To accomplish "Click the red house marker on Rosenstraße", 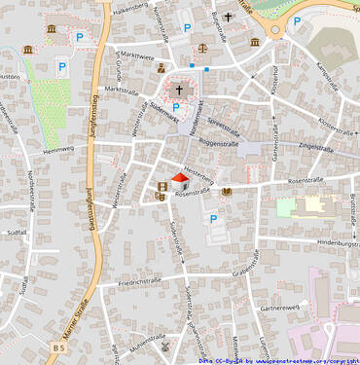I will point(179,181).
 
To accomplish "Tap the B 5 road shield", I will point(59,347).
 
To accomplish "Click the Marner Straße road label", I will point(65,321).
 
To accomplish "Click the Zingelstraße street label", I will point(315,149).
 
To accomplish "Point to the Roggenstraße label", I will point(218,143).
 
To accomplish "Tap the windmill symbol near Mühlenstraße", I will point(165,347).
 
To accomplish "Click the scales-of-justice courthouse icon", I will point(202,47).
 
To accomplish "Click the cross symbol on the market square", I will point(179,89).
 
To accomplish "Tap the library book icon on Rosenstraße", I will point(227,192).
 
